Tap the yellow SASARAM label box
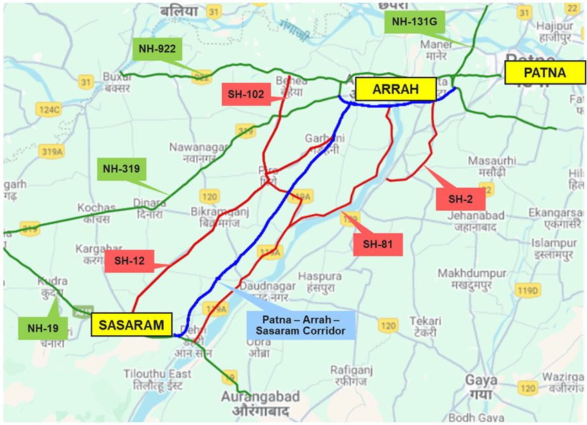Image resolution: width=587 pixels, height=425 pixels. point(131,325)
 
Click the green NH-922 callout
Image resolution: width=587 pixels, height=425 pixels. point(157,48)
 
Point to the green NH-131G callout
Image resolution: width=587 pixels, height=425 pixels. point(414,21)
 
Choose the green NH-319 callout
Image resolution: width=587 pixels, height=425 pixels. point(122,169)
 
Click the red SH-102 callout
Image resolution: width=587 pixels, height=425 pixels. point(246,95)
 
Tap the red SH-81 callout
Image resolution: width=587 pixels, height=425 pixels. point(377,245)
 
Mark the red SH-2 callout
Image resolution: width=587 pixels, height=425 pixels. point(461,199)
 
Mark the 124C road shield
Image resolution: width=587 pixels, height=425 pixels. point(50,109)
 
